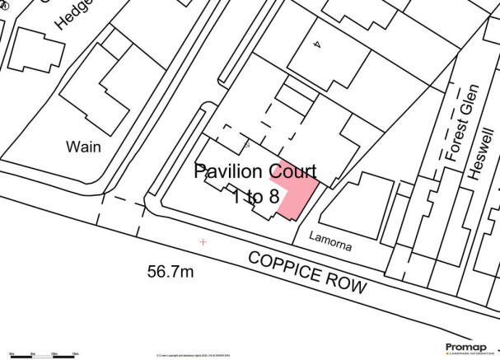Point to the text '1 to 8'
click(254, 198)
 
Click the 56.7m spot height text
click(171, 272)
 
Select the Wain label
click(82, 147)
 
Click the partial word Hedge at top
click(72, 12)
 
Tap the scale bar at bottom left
click(40, 353)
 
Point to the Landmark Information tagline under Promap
click(466, 354)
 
